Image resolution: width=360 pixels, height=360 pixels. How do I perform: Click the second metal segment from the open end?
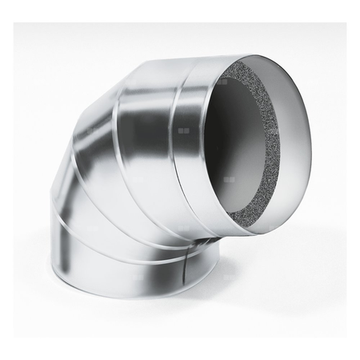[x=144, y=128]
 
